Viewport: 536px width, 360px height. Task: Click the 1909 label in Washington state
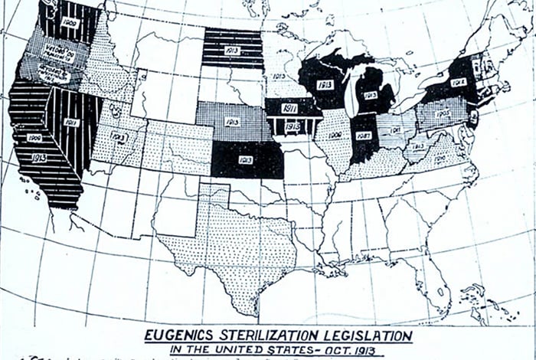click(x=70, y=24)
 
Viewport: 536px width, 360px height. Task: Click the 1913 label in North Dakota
click(x=233, y=49)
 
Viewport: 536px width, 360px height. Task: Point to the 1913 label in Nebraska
click(x=232, y=121)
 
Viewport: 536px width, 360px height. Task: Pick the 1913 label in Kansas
click(x=246, y=159)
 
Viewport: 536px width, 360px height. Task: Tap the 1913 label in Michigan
click(x=371, y=95)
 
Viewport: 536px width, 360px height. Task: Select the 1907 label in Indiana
click(x=364, y=136)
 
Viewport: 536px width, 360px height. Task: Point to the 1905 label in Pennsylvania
click(x=443, y=113)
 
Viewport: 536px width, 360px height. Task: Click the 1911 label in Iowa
click(x=289, y=108)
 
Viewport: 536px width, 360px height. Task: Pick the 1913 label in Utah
click(x=119, y=136)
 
